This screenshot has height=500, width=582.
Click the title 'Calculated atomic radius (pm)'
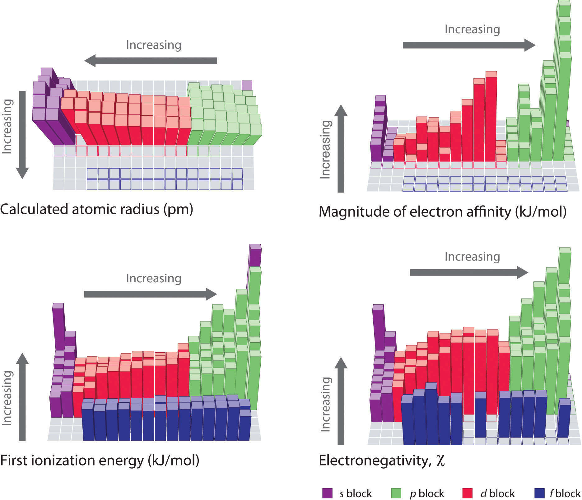(96, 209)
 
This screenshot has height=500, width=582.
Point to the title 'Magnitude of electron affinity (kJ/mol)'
(442, 212)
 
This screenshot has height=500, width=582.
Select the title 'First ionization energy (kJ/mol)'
(100, 460)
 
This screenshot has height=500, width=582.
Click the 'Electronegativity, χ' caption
(381, 461)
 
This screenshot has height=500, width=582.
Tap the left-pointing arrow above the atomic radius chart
(151, 61)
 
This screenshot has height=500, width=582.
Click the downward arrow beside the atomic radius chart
(22, 134)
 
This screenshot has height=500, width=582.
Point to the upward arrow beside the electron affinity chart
(341, 149)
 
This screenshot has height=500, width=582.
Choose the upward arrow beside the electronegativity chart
(341, 401)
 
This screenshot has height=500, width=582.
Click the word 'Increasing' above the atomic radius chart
(154, 45)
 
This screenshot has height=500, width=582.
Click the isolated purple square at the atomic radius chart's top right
(247, 85)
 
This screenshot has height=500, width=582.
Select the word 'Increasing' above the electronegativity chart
(472, 257)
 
